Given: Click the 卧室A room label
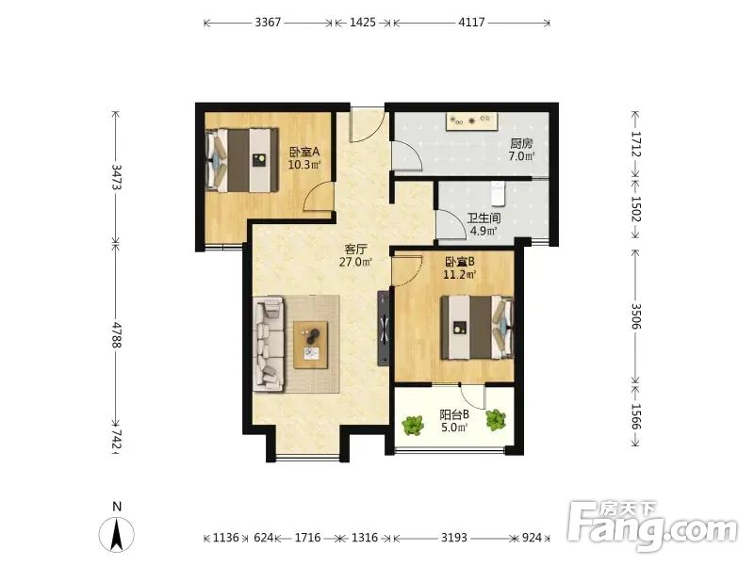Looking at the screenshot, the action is coord(304,153).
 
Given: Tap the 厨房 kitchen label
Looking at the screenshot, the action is coord(522,144).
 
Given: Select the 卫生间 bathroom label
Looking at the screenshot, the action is coord(484,218).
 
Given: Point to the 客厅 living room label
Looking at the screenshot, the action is coord(356,250).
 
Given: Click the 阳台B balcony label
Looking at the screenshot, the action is coord(454,414).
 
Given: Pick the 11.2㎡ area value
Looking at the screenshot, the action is coord(459,275).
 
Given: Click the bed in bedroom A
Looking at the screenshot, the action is coord(242,159).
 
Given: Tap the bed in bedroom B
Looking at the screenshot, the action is coord(478,327).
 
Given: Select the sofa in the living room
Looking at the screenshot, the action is coord(269,343).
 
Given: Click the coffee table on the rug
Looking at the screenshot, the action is coord(311,345).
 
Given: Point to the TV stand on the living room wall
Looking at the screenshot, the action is coord(384,328).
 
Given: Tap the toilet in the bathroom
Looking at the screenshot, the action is coord(497,193).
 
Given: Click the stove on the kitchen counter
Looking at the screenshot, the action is coord(471,121).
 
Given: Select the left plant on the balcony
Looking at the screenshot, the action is coord(413,426).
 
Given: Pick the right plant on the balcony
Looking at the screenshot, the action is coord(496,420).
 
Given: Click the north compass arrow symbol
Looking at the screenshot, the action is coord(116,534).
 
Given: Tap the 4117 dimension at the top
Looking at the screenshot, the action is coord(471,22).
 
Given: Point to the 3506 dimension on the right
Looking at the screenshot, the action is coord(635,316).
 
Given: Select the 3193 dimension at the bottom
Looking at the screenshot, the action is coord(454,537).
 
